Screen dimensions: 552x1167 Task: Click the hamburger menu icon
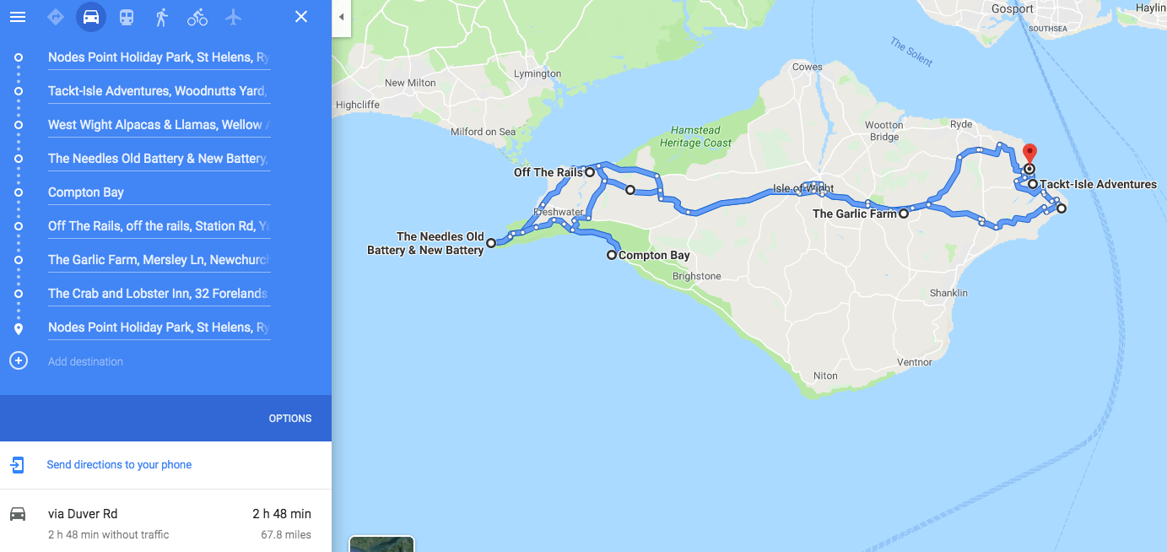18,17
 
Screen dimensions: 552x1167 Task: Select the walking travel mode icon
162,17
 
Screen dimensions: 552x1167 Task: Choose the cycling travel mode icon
197,17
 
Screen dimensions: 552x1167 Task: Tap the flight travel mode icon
234,17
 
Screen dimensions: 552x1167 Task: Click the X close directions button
301,17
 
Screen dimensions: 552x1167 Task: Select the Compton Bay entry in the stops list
86,192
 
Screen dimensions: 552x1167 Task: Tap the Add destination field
85,361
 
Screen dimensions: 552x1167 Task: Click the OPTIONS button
290,419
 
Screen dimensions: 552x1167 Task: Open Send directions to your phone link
119,465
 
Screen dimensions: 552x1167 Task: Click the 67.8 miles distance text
286,534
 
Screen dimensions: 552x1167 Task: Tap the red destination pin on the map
1029,155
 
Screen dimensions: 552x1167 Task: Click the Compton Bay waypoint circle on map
612,255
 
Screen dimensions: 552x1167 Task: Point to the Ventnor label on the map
915,362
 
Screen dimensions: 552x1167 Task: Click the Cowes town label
808,67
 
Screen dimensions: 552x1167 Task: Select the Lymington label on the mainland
538,73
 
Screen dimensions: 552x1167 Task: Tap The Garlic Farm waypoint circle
904,214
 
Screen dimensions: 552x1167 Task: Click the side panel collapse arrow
341,17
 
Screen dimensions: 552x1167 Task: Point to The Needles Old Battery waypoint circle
491,243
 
